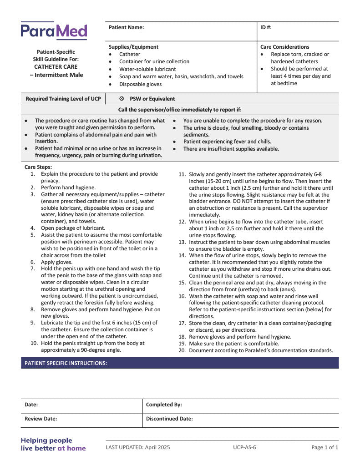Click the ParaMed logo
point(54,31)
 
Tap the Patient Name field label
point(126,27)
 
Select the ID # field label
point(266,27)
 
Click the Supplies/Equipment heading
point(133,47)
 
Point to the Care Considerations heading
point(284,47)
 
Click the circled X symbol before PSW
point(122,99)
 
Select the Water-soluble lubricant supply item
point(147,69)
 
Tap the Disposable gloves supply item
point(140,84)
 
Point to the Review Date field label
point(41,419)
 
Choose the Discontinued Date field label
point(169,419)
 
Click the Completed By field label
point(164,405)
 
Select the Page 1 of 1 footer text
point(325,447)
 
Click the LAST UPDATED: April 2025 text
point(138,447)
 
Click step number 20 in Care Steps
point(182,350)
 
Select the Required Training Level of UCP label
point(63,99)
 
